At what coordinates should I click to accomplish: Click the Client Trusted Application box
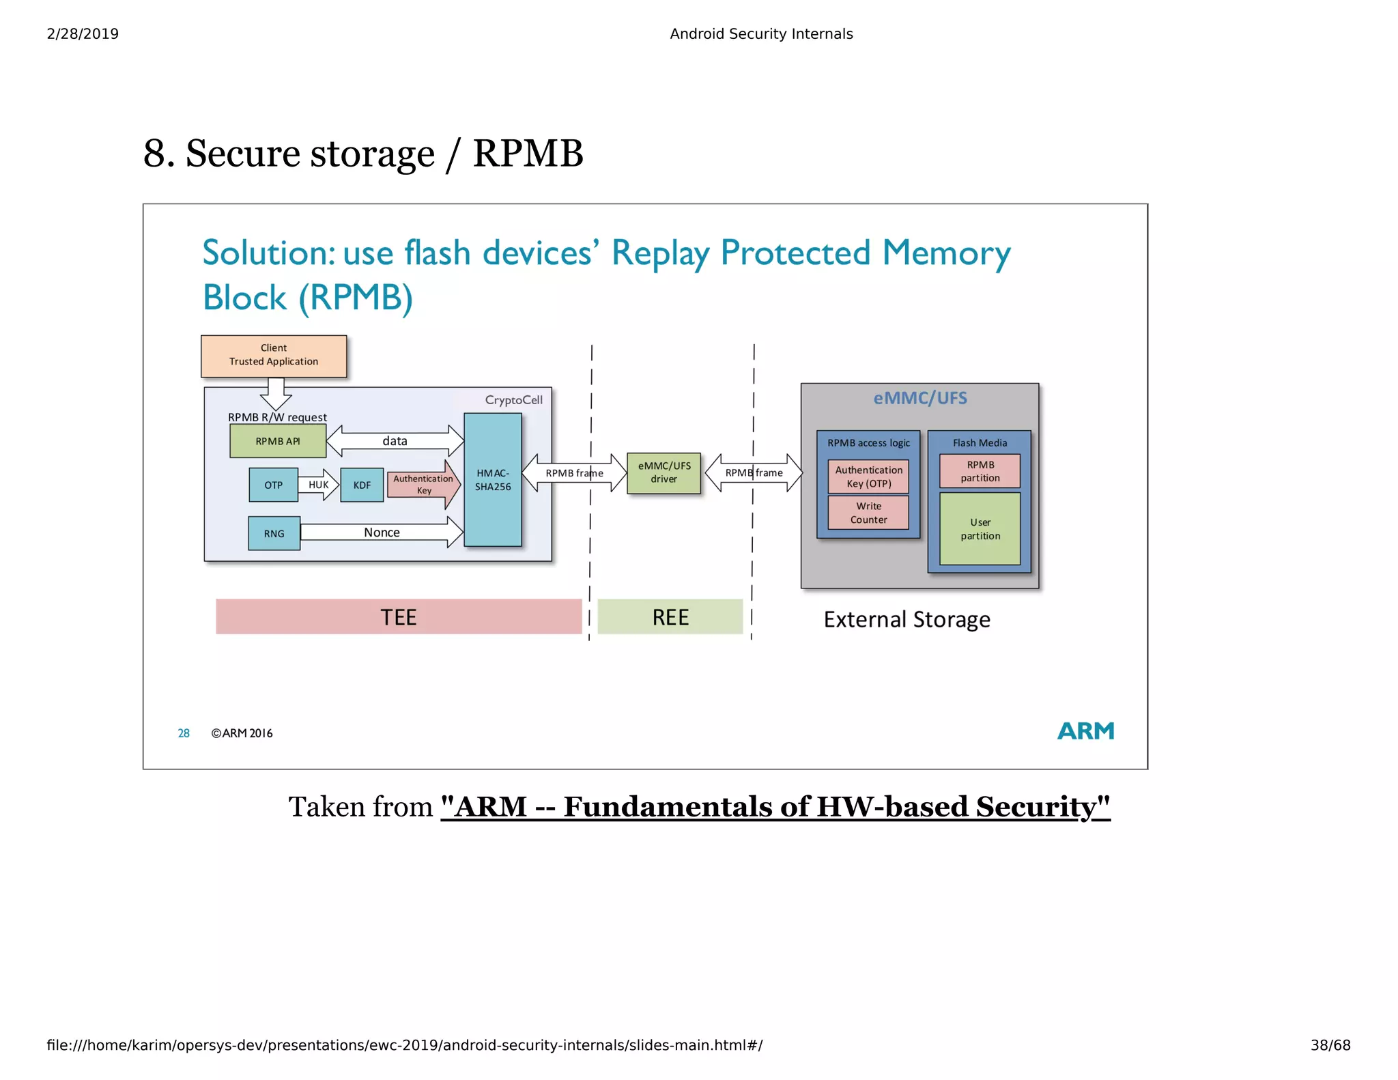click(274, 356)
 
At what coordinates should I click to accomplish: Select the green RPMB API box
click(278, 442)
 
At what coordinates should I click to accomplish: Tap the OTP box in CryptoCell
click(273, 485)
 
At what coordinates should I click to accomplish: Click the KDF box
click(362, 485)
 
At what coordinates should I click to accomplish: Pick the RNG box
click(274, 534)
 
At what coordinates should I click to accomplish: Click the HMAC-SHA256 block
click(492, 480)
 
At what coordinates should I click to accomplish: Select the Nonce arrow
click(382, 532)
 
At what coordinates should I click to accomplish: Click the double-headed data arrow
click(395, 441)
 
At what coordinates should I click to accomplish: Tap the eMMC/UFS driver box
click(664, 472)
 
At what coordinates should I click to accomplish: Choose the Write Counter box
click(868, 513)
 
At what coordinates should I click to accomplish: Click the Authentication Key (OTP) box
click(868, 477)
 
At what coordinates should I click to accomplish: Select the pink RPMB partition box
click(980, 471)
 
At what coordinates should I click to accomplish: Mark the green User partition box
click(980, 529)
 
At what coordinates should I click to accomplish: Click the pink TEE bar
click(399, 617)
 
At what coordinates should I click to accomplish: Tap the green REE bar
click(670, 617)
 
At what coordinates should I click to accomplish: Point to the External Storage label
click(907, 619)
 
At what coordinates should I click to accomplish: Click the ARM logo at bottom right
click(1085, 731)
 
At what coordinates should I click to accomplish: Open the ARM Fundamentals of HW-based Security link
click(775, 807)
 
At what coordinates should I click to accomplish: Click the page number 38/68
click(1330, 1045)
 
